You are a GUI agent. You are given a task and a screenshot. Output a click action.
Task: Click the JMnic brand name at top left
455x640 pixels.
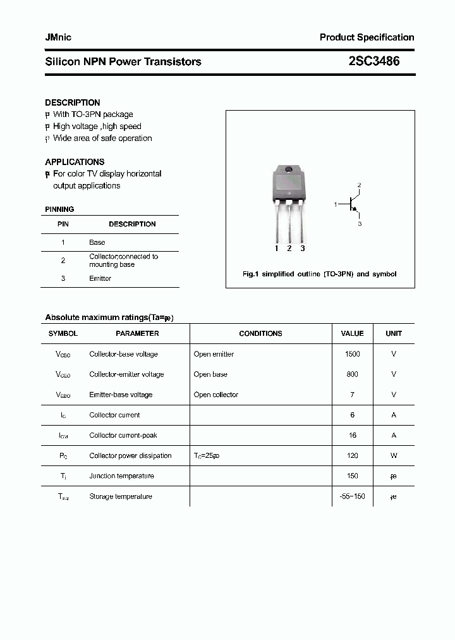[x=58, y=37]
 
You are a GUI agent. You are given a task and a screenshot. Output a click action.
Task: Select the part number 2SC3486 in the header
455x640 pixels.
[x=373, y=61]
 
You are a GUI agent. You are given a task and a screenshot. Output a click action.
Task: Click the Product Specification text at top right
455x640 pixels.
[x=367, y=37]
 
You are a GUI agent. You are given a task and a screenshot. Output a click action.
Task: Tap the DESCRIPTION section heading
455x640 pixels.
[x=72, y=102]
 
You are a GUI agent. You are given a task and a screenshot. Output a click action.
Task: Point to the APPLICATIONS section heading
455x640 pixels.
[x=75, y=162]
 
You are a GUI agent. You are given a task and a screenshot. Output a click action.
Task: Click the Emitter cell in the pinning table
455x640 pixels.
[x=100, y=278]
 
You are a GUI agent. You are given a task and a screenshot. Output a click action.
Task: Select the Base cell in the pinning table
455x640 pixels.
[x=97, y=242]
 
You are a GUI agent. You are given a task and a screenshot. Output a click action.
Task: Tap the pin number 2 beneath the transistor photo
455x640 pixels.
[x=289, y=249]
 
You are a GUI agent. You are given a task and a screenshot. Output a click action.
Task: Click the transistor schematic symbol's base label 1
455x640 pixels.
[x=336, y=204]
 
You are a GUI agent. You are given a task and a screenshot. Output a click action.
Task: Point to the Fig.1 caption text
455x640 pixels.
[x=320, y=274]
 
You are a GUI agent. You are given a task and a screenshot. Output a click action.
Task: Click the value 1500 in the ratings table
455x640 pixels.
[x=352, y=354]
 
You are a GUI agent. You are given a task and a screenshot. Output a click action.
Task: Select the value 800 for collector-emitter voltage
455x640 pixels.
[x=352, y=374]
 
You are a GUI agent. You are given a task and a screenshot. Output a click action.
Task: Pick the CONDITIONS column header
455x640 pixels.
[x=260, y=333]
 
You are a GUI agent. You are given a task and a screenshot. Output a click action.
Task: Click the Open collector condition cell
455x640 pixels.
[x=215, y=395]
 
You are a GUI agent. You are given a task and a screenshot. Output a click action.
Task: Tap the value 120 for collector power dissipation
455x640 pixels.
[x=352, y=455]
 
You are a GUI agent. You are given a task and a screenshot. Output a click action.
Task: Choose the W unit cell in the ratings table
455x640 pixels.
[x=393, y=455]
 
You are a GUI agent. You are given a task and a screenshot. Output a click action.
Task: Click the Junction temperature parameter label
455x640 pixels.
[x=121, y=476]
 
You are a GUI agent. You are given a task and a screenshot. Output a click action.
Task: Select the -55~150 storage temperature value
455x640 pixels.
[x=352, y=496]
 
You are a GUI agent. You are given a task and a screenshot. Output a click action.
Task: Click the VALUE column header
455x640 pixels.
[x=352, y=333]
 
